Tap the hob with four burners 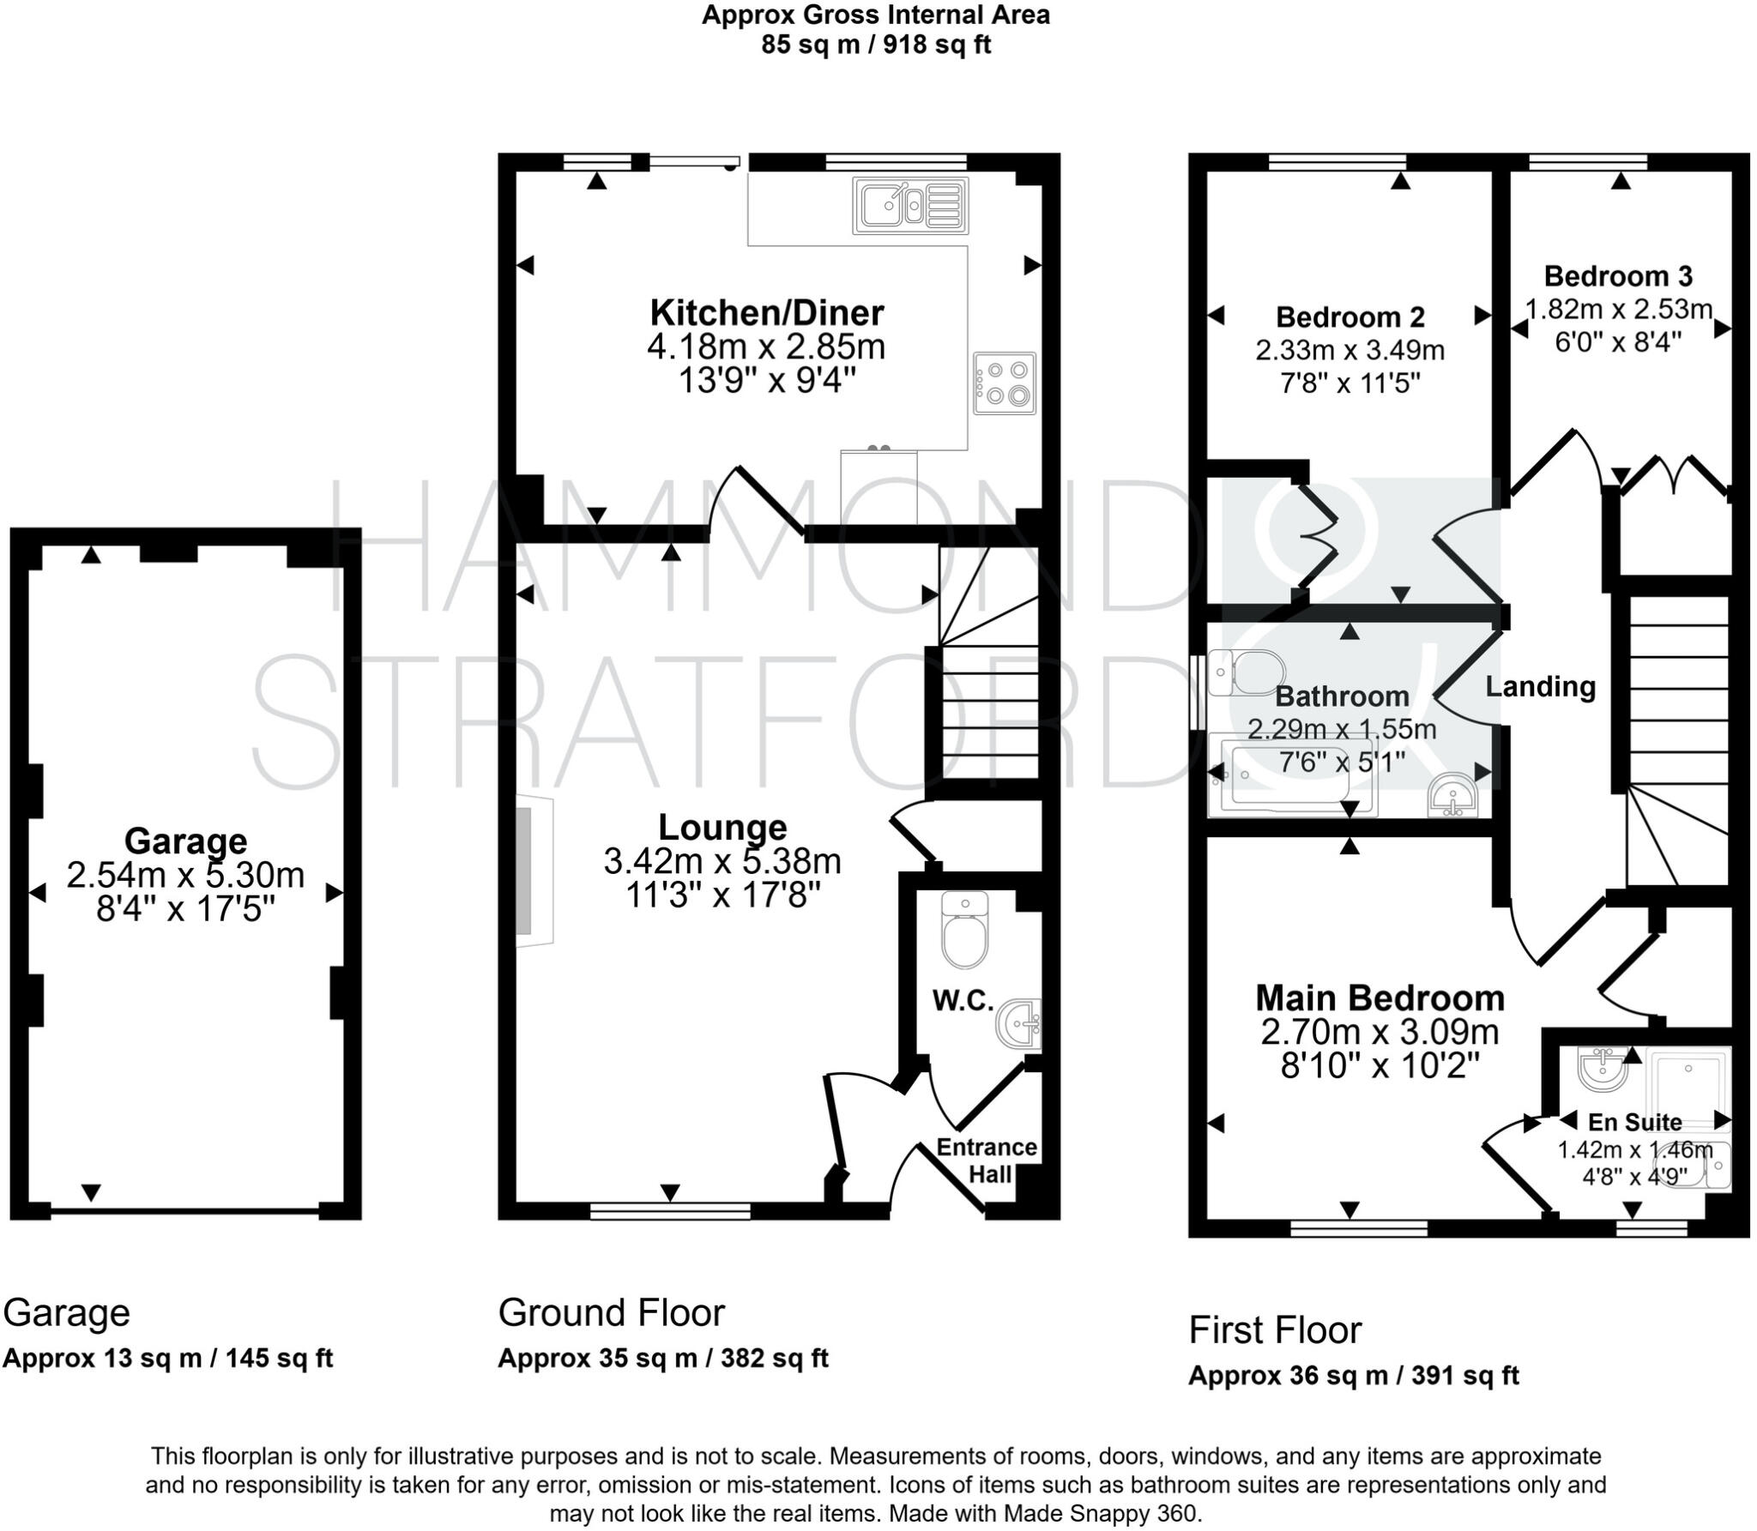point(1005,383)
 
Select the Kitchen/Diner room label point(766,313)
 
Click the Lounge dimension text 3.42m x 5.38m point(722,861)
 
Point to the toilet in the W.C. point(964,931)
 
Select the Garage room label point(185,841)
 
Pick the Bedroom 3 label point(1618,276)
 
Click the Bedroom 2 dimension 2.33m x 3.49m point(1349,351)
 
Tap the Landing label point(1540,687)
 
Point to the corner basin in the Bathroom point(1452,795)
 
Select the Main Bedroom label point(1380,998)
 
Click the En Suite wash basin point(1602,1069)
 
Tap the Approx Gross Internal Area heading point(875,15)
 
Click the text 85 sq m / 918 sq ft point(875,45)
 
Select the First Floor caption point(1274,1330)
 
